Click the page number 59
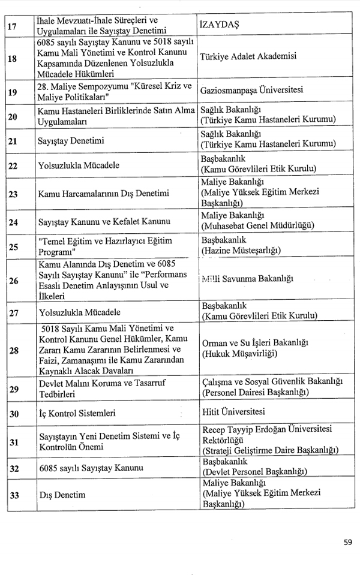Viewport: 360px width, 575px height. pos(348,543)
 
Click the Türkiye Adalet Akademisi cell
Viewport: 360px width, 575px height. pos(256,56)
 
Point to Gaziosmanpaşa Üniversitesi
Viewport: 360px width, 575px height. pos(251,91)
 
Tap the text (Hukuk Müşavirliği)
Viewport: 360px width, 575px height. pos(238,355)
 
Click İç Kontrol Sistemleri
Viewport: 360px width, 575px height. pos(76,413)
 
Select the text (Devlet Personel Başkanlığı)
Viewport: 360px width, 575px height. pos(254,472)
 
